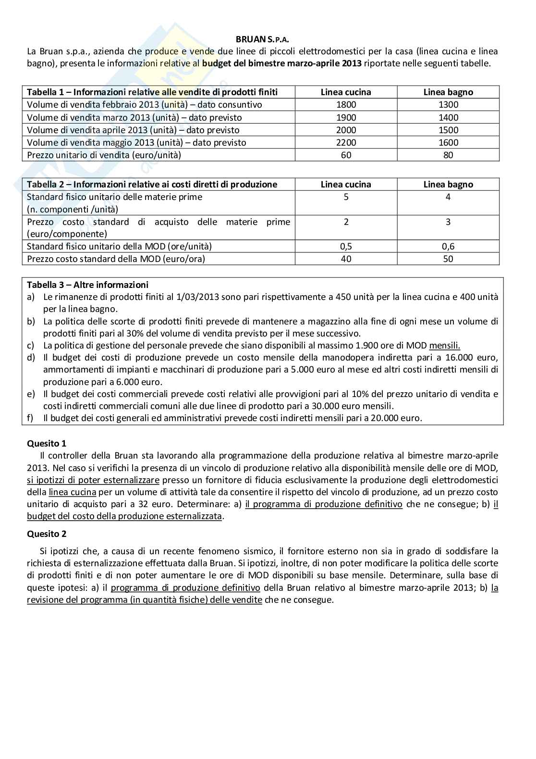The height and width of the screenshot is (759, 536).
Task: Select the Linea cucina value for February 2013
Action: pos(346,105)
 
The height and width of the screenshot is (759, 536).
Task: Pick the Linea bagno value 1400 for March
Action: pos(448,117)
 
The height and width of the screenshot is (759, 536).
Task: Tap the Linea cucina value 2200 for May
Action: pos(346,142)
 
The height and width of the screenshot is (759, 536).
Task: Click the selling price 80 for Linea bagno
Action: pos(448,155)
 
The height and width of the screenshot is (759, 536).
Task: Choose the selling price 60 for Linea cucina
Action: pos(346,155)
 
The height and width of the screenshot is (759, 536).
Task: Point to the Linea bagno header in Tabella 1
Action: pos(448,92)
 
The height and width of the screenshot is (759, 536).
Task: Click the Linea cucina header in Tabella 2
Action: pos(346,184)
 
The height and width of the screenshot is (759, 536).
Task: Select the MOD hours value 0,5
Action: pos(346,247)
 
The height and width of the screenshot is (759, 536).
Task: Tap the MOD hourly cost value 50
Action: pos(448,259)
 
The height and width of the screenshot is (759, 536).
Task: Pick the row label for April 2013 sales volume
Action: pos(133,130)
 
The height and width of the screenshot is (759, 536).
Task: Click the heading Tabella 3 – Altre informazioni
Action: pos(87,285)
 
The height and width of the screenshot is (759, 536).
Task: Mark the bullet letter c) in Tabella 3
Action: pos(30,346)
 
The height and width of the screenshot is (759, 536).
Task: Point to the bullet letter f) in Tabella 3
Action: pos(30,418)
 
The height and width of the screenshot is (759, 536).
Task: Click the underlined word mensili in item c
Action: pos(444,346)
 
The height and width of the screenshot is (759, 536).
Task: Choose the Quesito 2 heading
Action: pos(47,534)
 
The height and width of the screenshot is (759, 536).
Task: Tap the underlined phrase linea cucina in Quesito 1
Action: pos(73,492)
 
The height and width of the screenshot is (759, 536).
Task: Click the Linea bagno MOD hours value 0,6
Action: pos(448,247)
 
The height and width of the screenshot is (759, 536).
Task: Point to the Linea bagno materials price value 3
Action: pos(448,222)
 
